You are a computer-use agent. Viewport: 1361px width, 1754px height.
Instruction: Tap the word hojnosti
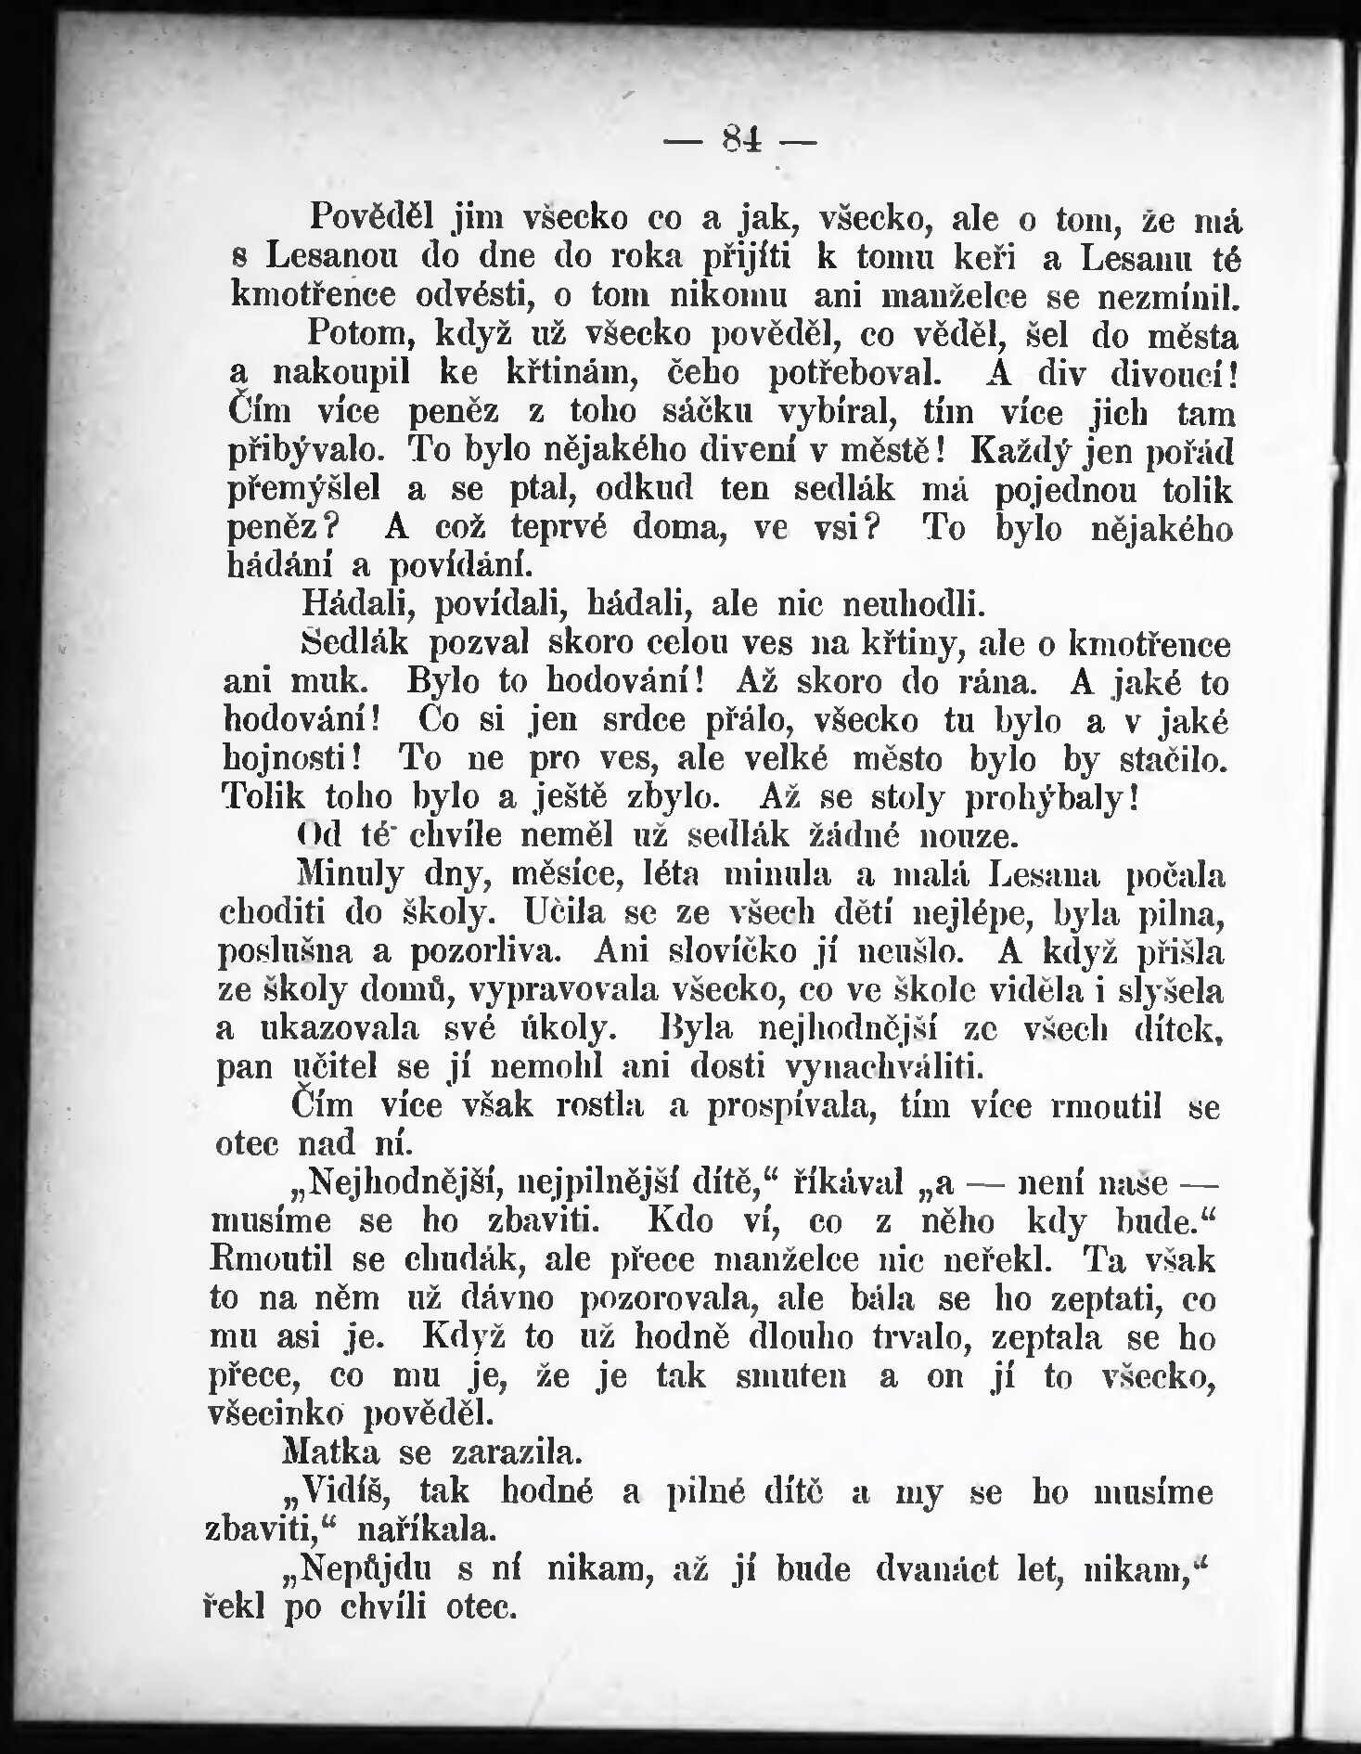tap(298, 759)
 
